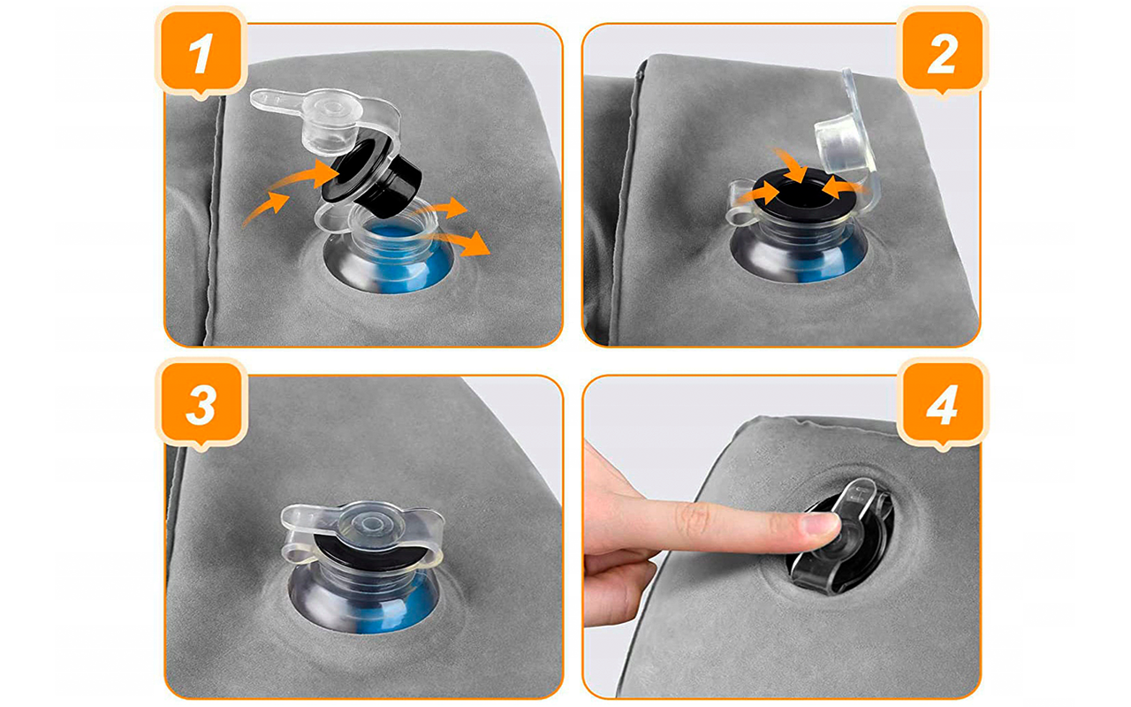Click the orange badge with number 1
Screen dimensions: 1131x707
(x=201, y=51)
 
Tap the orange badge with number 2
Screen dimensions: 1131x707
(x=942, y=51)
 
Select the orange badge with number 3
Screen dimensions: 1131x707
(x=201, y=404)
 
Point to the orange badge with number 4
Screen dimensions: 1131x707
(x=942, y=404)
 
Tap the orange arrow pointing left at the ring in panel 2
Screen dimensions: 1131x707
(x=846, y=189)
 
